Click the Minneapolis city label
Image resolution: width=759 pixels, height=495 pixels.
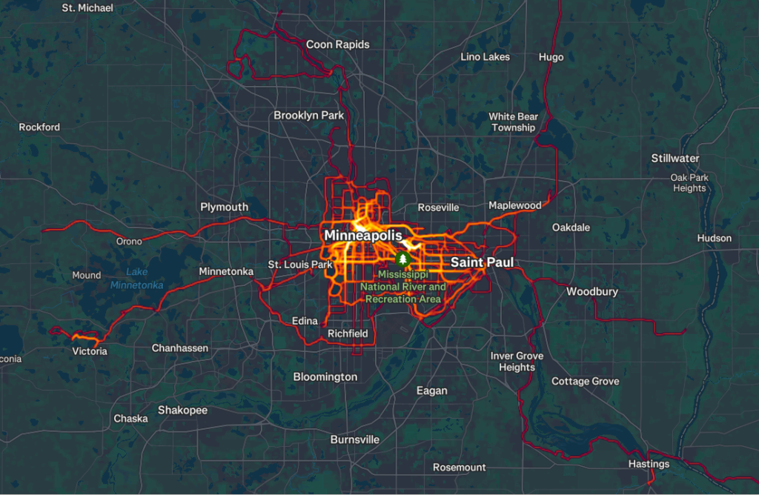coord(363,236)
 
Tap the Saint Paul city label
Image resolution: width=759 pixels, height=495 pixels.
coord(482,262)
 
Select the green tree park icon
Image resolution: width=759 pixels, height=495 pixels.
coord(403,259)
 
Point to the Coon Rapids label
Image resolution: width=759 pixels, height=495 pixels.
coord(338,44)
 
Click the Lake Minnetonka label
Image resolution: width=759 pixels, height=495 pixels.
coord(137,279)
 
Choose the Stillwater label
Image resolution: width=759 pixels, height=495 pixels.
coord(675,158)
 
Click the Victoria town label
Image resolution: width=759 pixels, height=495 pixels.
coord(90,351)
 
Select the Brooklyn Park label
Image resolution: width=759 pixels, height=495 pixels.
coord(309,116)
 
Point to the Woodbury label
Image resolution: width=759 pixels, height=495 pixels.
coord(592,292)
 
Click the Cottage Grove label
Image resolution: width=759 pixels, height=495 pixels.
coord(585,381)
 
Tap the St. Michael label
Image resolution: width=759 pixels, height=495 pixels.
coord(87,8)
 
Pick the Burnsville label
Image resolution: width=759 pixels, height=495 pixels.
coord(354,439)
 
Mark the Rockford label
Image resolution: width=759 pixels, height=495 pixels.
coord(39,127)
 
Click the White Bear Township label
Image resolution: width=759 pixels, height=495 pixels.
coord(513,122)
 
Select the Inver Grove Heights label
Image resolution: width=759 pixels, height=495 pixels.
coord(517,362)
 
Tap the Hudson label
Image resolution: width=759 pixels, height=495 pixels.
coord(714,239)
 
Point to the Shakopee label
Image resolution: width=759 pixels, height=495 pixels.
coord(182,410)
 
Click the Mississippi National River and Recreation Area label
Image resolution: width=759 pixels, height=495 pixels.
coord(403,287)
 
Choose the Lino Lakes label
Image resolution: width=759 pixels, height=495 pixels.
coord(485,57)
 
